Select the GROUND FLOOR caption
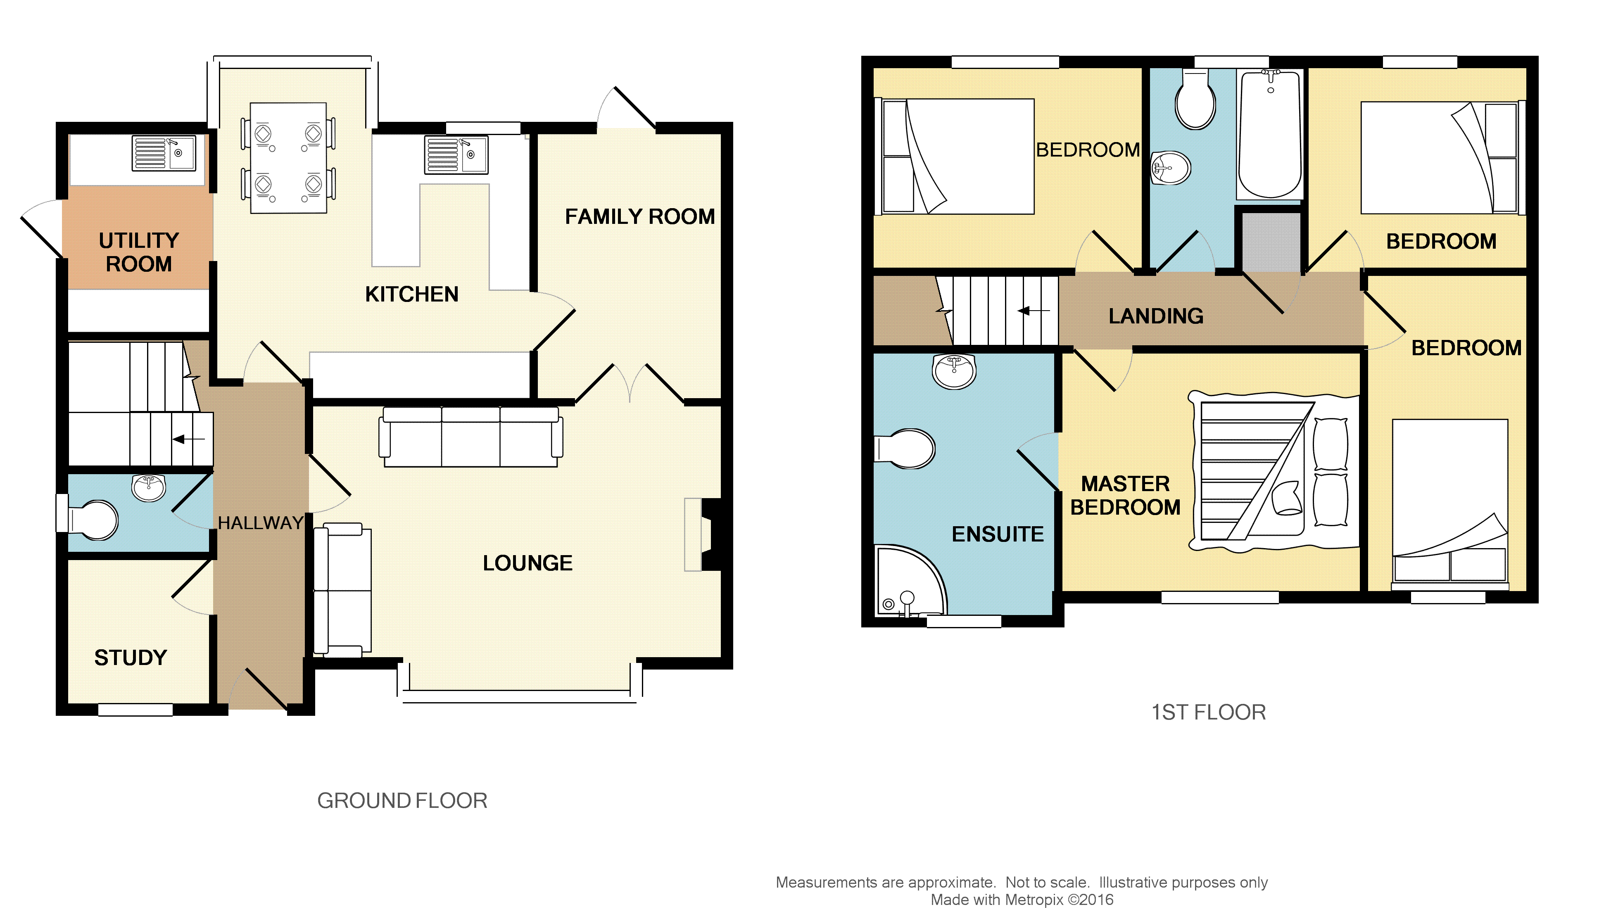[x=402, y=800]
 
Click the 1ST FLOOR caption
[x=1208, y=712]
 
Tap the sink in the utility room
[x=164, y=153]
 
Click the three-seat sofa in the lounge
[x=470, y=437]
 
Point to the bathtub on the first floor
[x=1270, y=135]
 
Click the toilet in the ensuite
[x=904, y=449]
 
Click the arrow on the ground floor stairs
[x=188, y=439]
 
